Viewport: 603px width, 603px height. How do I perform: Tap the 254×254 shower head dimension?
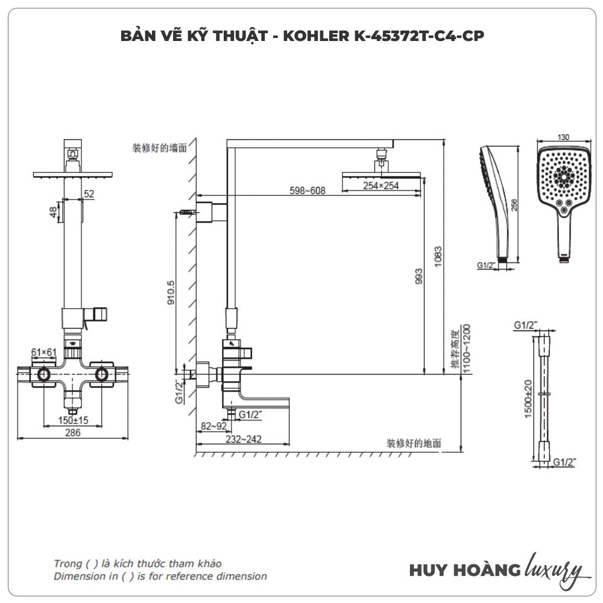pyautogui.click(x=380, y=186)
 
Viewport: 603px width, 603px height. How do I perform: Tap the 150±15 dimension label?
pyautogui.click(x=74, y=420)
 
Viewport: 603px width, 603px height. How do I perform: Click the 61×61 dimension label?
pyautogui.click(x=43, y=352)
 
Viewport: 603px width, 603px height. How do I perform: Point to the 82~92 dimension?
pyautogui.click(x=214, y=426)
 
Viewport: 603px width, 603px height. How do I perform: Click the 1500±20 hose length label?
pyautogui.click(x=528, y=399)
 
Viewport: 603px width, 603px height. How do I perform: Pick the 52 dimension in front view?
pyautogui.click(x=89, y=194)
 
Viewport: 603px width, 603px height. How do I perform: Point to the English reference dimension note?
pyautogui.click(x=160, y=576)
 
